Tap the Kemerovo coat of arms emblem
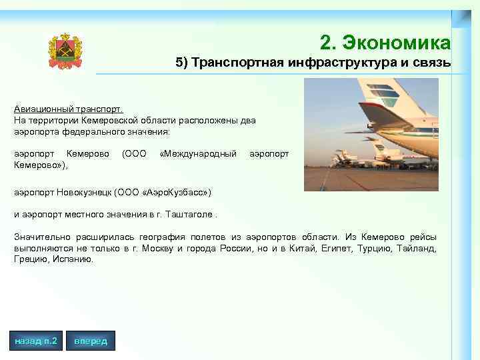pyautogui.click(x=65, y=51)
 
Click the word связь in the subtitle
pyautogui.click(x=432, y=63)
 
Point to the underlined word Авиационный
pyautogui.click(x=43, y=108)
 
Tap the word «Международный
pyautogui.click(x=199, y=154)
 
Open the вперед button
pyautogui.click(x=91, y=341)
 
